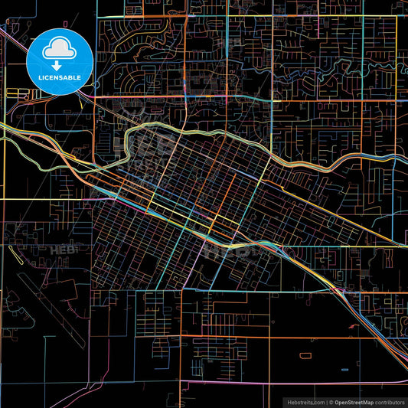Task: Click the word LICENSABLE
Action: (x=59, y=77)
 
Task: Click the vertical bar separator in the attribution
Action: (x=327, y=402)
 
